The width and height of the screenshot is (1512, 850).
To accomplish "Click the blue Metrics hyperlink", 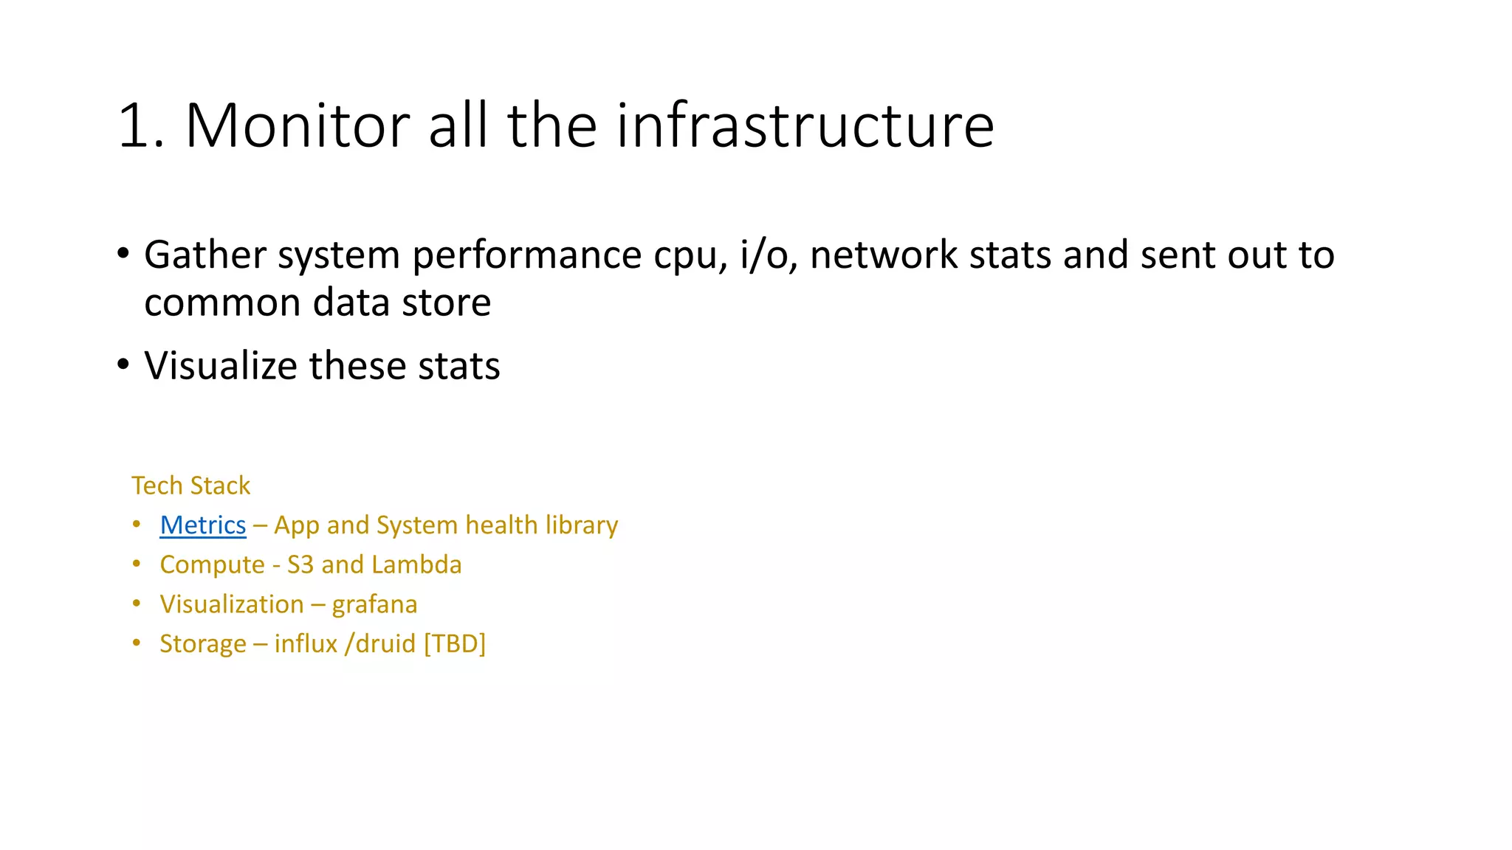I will [x=202, y=525].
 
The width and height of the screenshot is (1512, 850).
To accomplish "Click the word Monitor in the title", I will [x=297, y=125].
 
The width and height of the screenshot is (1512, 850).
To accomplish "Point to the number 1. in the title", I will [x=140, y=125].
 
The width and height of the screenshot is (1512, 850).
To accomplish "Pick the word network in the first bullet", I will [x=883, y=255].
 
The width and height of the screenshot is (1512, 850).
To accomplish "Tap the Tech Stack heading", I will [x=190, y=486].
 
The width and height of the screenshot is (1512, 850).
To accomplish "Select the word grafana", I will [x=374, y=604].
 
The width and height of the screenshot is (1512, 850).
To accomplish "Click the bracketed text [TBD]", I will [x=454, y=643].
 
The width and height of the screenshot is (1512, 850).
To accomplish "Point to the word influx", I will [x=305, y=643].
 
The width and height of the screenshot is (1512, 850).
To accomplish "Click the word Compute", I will [x=212, y=564].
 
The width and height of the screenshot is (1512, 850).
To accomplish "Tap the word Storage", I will [x=203, y=644].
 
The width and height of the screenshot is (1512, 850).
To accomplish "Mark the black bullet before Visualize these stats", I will [x=123, y=364].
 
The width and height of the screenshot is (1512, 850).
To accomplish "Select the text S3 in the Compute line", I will [x=300, y=564].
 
